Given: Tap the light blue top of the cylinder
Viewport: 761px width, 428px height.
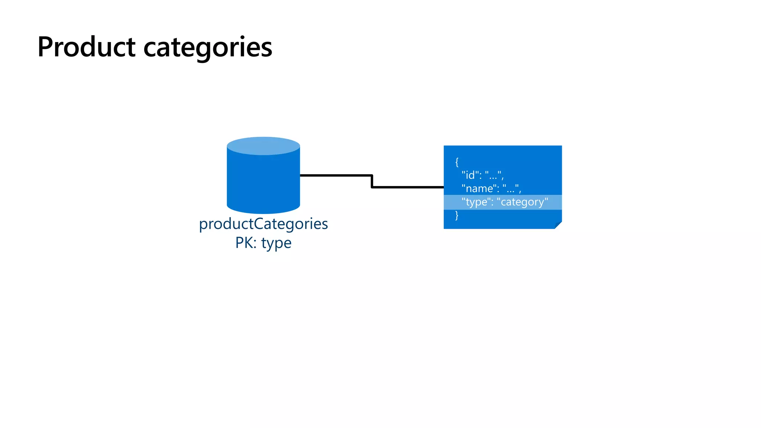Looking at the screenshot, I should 263,146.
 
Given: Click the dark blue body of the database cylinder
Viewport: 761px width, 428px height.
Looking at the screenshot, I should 263,182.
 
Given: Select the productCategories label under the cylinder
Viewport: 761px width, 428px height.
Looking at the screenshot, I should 263,224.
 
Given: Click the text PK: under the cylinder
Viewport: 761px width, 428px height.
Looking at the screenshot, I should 246,243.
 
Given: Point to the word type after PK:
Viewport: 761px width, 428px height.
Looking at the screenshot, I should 276,243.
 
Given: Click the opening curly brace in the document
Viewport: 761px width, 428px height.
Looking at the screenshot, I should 457,162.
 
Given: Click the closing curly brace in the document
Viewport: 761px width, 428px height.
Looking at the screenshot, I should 457,215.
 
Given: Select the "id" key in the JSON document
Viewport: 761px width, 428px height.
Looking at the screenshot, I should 471,175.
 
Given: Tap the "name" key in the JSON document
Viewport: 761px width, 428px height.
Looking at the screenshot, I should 480,188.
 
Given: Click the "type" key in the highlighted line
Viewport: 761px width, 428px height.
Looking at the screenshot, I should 476,202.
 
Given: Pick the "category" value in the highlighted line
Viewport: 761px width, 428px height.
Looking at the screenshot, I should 522,202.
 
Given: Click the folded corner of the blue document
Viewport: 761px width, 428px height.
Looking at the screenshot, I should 558,225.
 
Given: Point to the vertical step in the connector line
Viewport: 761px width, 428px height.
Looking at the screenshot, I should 372,181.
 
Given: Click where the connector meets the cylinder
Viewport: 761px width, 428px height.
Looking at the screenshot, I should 301,175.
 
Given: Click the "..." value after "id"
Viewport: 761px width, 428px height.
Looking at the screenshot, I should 493,175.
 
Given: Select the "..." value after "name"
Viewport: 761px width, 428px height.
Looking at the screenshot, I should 511,188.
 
